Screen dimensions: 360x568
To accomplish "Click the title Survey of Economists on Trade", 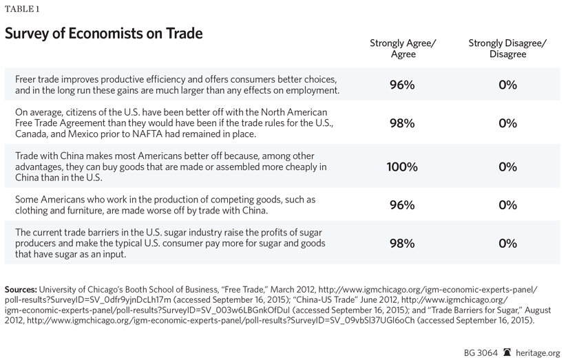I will pos(103,34).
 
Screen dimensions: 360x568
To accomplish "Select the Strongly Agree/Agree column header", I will pos(402,48).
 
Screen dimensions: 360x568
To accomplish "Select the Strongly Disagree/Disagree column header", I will pos(507,48).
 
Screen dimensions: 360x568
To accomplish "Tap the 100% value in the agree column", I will pos(402,167).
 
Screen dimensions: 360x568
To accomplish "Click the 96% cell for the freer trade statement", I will pos(402,85).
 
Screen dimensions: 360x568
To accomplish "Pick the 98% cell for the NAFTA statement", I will pos(402,123).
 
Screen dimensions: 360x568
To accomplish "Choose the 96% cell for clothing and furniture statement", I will pos(402,205).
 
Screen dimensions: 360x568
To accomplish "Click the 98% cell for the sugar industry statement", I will pos(402,244).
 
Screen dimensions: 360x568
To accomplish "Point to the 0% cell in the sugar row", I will pos(507,244).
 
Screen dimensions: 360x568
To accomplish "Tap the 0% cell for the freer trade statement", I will pos(507,85).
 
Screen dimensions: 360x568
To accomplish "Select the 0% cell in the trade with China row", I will pos(507,167).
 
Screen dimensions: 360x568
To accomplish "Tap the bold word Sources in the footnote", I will pos(21,289).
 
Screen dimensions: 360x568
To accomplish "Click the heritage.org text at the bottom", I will pos(540,352).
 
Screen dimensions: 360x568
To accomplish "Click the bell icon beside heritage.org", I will pos(508,351).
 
